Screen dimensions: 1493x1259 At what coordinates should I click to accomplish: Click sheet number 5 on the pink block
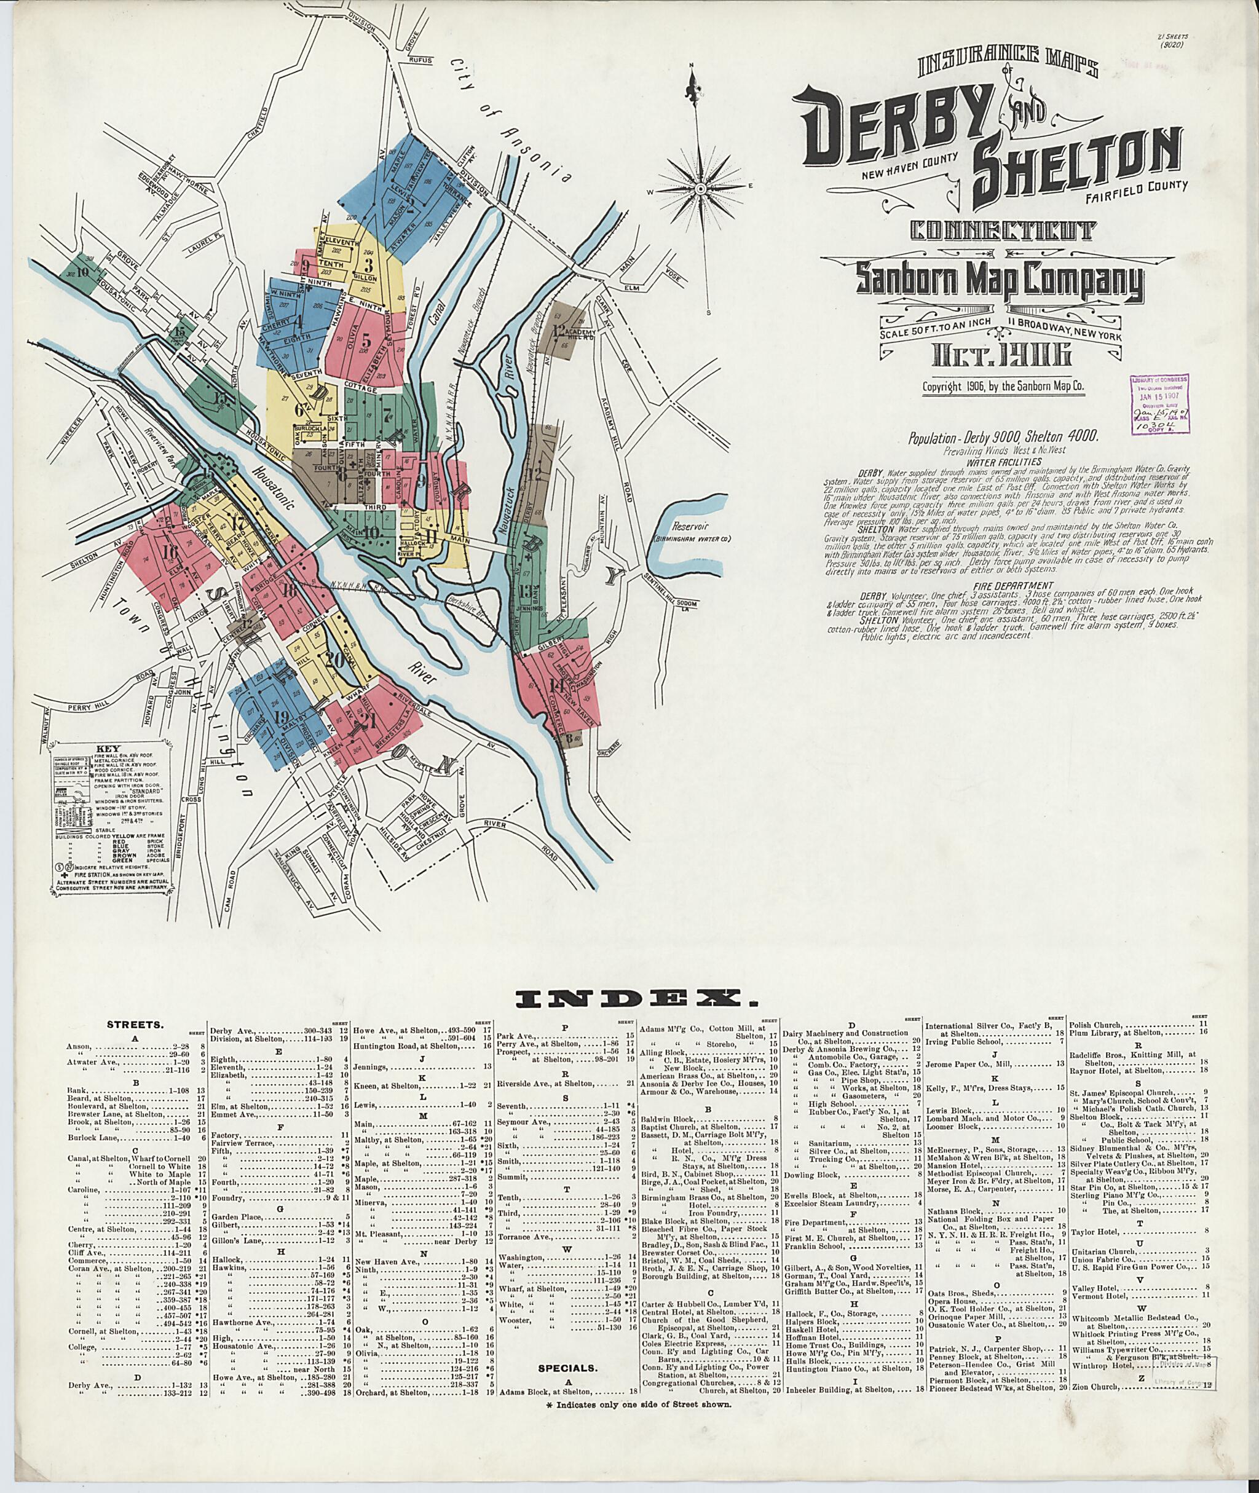(x=366, y=337)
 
